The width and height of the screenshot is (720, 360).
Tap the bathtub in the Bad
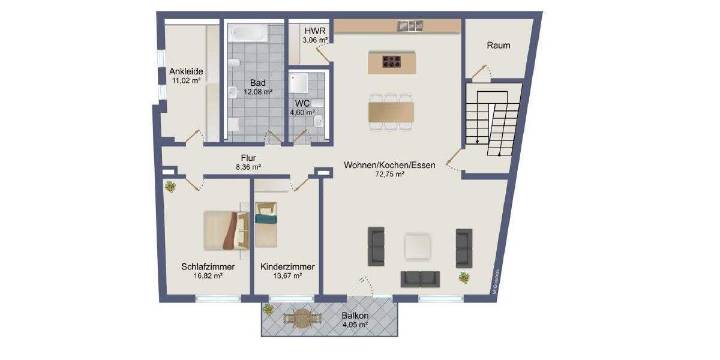248,33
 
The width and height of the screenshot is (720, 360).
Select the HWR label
314,31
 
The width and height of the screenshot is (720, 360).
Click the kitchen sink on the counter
411,25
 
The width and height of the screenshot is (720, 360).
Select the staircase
493,120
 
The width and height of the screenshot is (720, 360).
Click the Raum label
499,45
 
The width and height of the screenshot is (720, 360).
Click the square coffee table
418,246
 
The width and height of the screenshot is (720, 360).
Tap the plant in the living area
464,277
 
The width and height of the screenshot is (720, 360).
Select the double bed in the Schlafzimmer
226,230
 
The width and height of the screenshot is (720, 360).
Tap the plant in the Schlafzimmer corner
171,187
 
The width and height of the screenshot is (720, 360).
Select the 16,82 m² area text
208,277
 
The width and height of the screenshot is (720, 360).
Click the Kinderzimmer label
287,267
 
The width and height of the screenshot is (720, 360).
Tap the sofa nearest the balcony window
420,278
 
